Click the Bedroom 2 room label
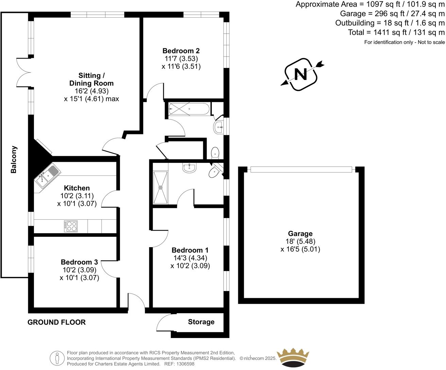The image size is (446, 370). (x=181, y=51)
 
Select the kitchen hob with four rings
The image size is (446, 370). (x=71, y=226)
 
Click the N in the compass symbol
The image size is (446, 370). (x=301, y=74)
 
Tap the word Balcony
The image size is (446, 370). (x=14, y=159)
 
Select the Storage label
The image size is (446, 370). (x=201, y=322)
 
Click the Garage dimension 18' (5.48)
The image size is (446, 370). (x=300, y=241)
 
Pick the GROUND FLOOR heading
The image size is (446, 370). (x=56, y=322)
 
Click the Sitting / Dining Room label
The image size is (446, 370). (x=91, y=79)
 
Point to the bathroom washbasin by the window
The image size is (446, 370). (x=219, y=128)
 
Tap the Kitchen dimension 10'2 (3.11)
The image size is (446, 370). (x=77, y=196)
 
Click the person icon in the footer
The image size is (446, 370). (x=57, y=358)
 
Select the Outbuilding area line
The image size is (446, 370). (x=390, y=23)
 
